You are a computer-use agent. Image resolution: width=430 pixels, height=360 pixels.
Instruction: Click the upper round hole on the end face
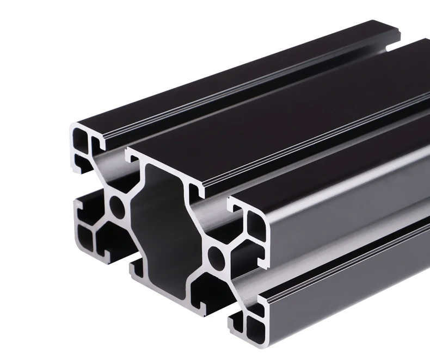click(x=116, y=205)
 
